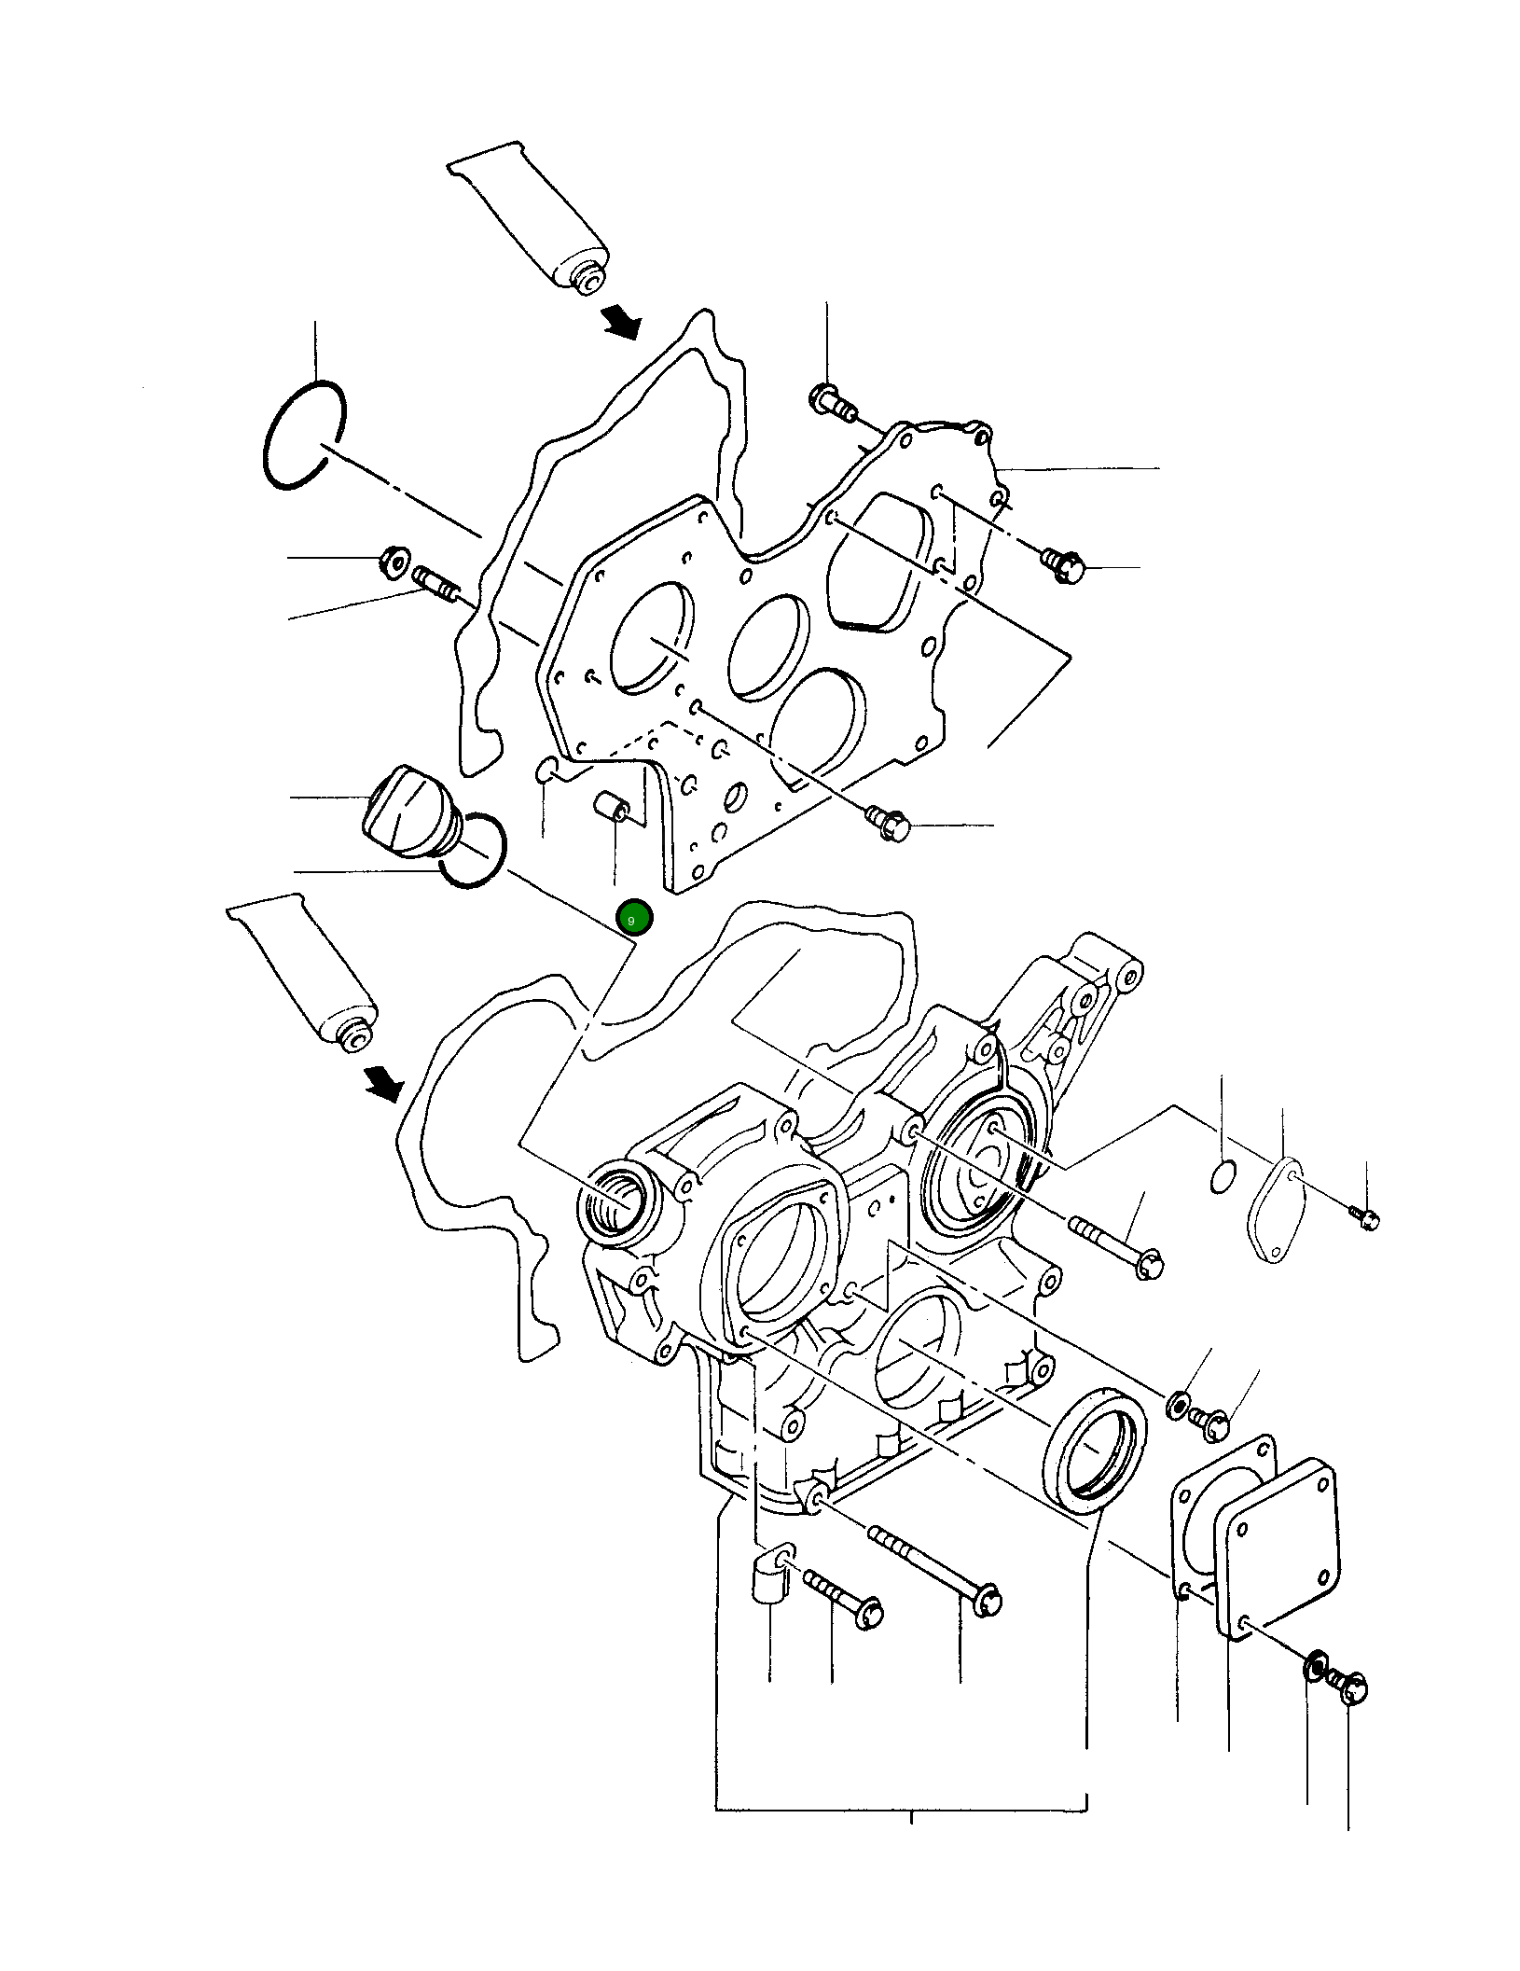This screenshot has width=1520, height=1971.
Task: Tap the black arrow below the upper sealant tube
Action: click(x=620, y=322)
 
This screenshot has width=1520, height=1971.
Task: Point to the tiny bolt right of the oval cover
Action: click(x=1364, y=1217)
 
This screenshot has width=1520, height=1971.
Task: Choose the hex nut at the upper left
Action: click(x=390, y=562)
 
